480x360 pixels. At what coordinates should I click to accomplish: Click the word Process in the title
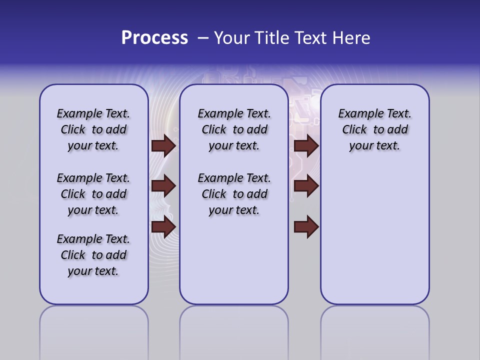tap(154, 38)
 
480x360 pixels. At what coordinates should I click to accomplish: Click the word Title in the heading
tap(272, 38)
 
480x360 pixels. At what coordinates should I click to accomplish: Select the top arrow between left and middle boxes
tap(163, 145)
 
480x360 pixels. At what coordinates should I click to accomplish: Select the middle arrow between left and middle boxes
tap(163, 186)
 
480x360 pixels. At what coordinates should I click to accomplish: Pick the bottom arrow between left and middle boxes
tap(163, 226)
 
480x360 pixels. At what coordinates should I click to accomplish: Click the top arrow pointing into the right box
tap(306, 145)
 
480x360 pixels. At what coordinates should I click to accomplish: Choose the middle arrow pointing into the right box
tap(306, 186)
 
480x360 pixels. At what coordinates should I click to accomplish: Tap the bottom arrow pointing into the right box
tap(306, 226)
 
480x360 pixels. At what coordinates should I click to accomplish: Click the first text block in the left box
tap(93, 129)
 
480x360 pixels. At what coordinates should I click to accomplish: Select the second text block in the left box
tap(93, 194)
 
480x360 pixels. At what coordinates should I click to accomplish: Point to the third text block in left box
tap(93, 255)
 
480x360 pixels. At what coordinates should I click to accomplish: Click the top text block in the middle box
tap(234, 129)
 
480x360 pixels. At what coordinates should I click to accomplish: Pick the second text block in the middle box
tap(234, 194)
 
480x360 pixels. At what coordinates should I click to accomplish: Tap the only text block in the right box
tap(374, 129)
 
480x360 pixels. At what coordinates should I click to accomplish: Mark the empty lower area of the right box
tap(374, 235)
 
